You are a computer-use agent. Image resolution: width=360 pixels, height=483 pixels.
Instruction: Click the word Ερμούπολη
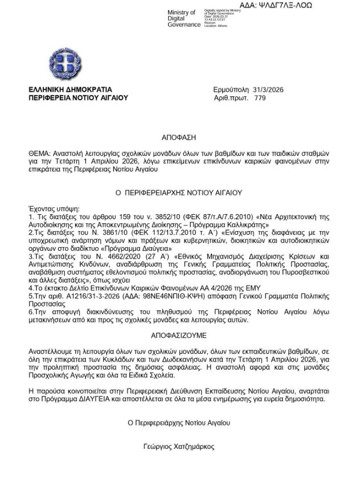tap(231, 89)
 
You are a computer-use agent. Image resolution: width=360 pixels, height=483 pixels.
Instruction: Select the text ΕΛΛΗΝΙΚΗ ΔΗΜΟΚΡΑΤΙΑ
tap(70, 89)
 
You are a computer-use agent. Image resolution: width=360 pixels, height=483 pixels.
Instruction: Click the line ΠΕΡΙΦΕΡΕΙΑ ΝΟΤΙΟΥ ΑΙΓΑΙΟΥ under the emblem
tap(78, 98)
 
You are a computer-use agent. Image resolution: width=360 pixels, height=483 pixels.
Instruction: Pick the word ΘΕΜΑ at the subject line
tap(39, 154)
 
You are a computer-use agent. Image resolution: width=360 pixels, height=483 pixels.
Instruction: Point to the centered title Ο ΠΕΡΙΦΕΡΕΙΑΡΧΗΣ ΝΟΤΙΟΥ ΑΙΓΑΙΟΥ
tap(179, 193)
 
